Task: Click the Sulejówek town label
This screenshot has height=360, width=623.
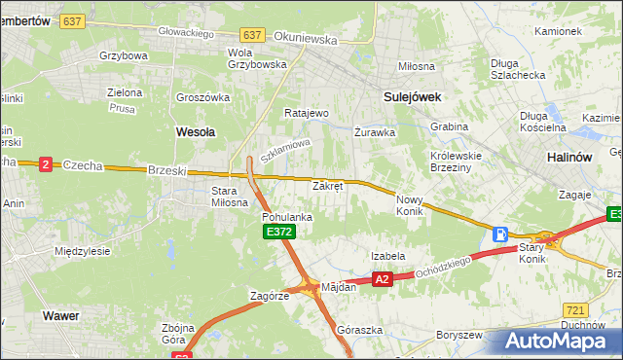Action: tap(413, 96)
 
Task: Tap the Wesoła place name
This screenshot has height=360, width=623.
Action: tap(195, 129)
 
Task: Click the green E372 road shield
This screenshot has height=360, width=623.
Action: tap(278, 232)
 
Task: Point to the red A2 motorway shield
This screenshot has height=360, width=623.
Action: tap(383, 279)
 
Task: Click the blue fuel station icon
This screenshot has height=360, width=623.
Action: tap(500, 234)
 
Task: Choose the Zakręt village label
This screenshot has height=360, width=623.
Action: tap(327, 185)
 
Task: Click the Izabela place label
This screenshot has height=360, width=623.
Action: tap(387, 256)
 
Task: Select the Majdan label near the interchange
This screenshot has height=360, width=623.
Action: tap(339, 286)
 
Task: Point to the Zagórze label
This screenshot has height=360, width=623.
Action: tap(270, 296)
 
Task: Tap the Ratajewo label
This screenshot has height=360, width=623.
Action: tap(307, 113)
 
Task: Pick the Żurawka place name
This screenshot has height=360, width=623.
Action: tap(375, 131)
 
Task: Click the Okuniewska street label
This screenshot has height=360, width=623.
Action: tap(306, 41)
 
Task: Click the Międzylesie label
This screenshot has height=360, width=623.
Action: tap(82, 250)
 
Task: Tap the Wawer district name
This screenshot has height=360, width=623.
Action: tap(59, 315)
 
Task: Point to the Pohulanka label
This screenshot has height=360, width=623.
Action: tap(287, 217)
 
